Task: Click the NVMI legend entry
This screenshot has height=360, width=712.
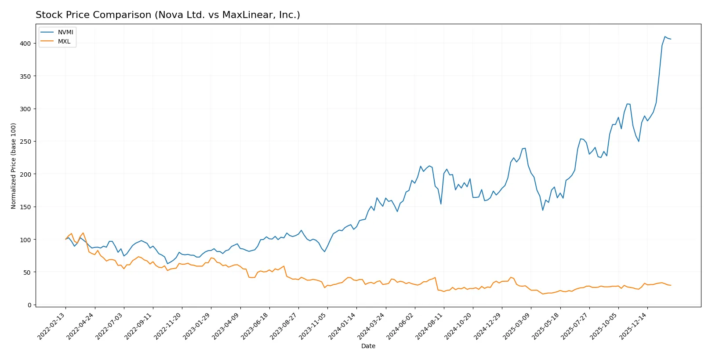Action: [x=65, y=33]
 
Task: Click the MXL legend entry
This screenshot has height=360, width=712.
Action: [x=64, y=42]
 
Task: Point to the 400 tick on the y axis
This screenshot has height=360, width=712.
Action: [x=25, y=44]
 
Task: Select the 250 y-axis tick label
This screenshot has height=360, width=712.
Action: [x=25, y=142]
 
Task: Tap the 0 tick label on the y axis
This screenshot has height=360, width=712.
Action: [x=29, y=305]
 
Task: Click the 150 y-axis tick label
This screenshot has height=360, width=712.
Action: [x=25, y=207]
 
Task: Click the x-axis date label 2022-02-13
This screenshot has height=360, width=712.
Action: [x=52, y=326]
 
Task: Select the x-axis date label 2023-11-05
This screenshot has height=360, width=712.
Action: [x=313, y=326]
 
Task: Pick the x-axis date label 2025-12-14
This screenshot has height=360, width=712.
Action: [x=633, y=326]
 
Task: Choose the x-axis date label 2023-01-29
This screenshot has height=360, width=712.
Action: [x=197, y=326]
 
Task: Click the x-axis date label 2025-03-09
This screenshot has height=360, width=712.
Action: [x=517, y=326]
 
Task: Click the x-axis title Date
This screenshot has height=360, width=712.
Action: [x=368, y=346]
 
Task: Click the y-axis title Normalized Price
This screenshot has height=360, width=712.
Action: [x=14, y=166]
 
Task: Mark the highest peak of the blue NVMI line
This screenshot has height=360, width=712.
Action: [x=665, y=37]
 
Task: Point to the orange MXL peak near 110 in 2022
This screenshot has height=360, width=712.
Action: [x=83, y=233]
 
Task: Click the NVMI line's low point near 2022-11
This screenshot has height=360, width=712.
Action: [x=167, y=264]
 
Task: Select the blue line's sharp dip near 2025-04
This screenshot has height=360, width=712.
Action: [x=543, y=210]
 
